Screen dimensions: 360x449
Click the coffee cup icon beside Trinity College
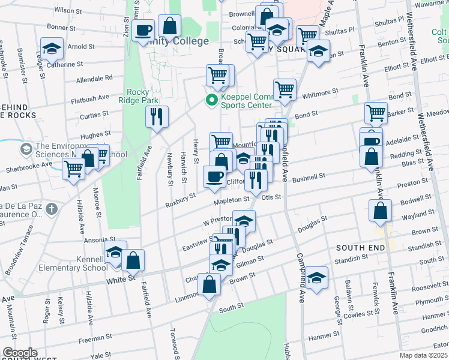tap(143, 30)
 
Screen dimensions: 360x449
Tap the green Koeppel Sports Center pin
tap(211, 100)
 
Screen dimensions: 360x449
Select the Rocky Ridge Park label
tap(141, 97)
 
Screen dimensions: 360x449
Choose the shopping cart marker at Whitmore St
tap(285, 90)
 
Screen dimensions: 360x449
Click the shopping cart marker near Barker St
tap(376, 112)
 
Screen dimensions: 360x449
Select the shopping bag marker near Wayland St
tap(380, 210)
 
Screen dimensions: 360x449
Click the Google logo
tap(20, 353)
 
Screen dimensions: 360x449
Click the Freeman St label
tap(92, 340)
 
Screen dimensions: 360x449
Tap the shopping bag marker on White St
tap(133, 260)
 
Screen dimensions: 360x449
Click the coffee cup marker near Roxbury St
tap(214, 176)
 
